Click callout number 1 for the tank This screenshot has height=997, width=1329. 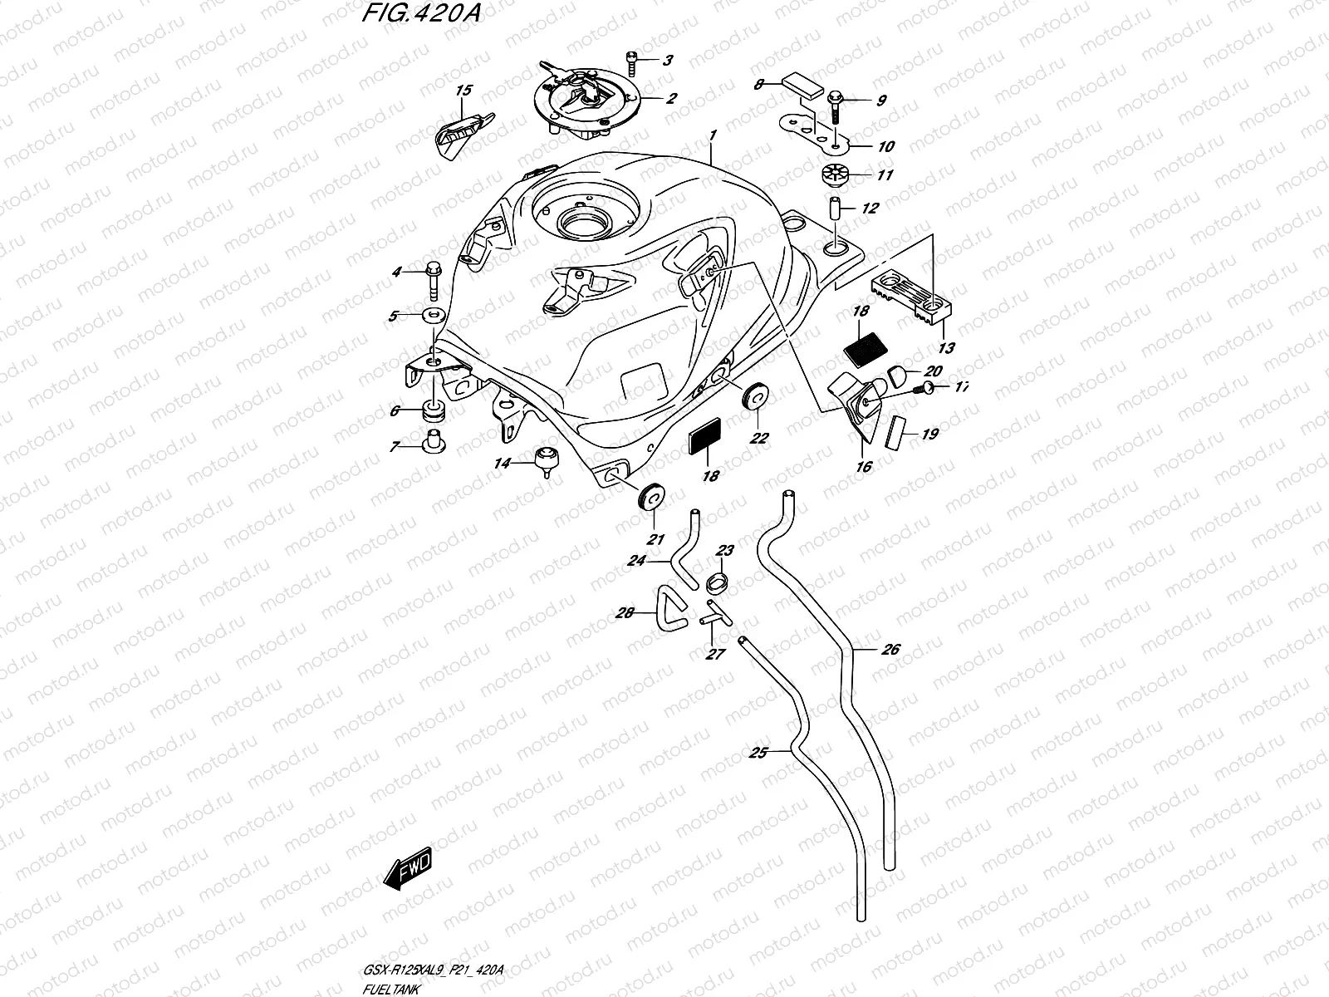[x=713, y=134]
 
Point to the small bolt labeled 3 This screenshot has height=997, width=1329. [x=631, y=61]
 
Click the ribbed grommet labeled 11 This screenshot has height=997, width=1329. [x=833, y=176]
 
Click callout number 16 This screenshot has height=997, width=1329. [x=864, y=467]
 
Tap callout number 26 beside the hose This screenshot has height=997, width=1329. [x=890, y=650]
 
